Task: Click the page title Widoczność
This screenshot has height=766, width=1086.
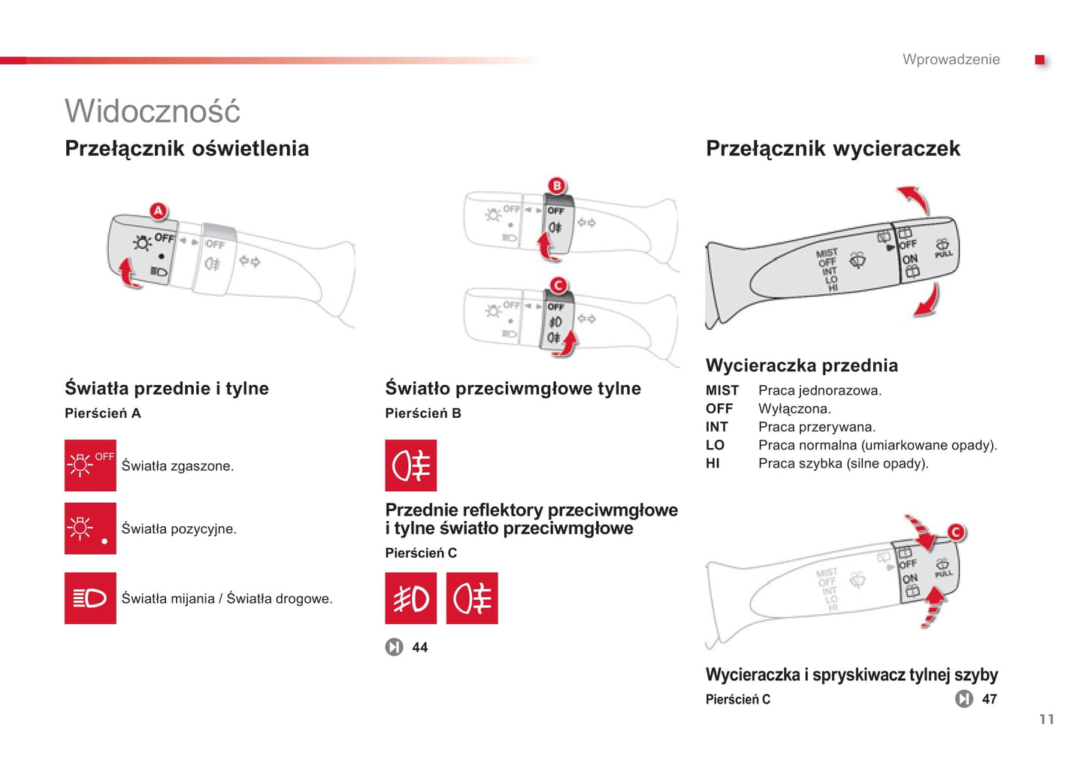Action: [x=153, y=111]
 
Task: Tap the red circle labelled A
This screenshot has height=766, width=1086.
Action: [x=158, y=211]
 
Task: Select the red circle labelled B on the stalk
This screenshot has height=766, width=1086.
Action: [x=557, y=186]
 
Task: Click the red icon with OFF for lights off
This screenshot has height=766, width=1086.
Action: [x=90, y=465]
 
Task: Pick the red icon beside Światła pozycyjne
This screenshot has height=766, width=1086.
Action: [x=90, y=528]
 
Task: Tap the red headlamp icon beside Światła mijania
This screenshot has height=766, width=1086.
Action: [x=90, y=598]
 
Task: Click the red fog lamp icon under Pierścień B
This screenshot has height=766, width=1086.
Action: [x=410, y=465]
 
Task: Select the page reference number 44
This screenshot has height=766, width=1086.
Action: [x=419, y=647]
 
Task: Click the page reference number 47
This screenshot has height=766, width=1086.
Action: [x=989, y=699]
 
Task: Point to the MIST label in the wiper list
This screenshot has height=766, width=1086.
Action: [x=721, y=391]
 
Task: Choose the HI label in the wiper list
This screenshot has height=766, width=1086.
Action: [x=712, y=464]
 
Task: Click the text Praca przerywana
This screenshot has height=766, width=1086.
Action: [x=816, y=427]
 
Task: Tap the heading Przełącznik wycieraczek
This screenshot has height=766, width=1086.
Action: [x=833, y=149]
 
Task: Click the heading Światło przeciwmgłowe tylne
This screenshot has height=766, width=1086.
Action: [x=513, y=389]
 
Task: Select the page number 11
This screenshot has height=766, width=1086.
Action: [x=1046, y=719]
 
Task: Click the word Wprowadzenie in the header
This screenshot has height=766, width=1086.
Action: [x=951, y=59]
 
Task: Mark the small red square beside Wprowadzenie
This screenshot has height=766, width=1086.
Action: [x=1039, y=60]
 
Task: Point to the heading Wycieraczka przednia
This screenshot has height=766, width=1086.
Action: [x=801, y=365]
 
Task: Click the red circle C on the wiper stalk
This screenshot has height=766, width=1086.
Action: [x=955, y=532]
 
